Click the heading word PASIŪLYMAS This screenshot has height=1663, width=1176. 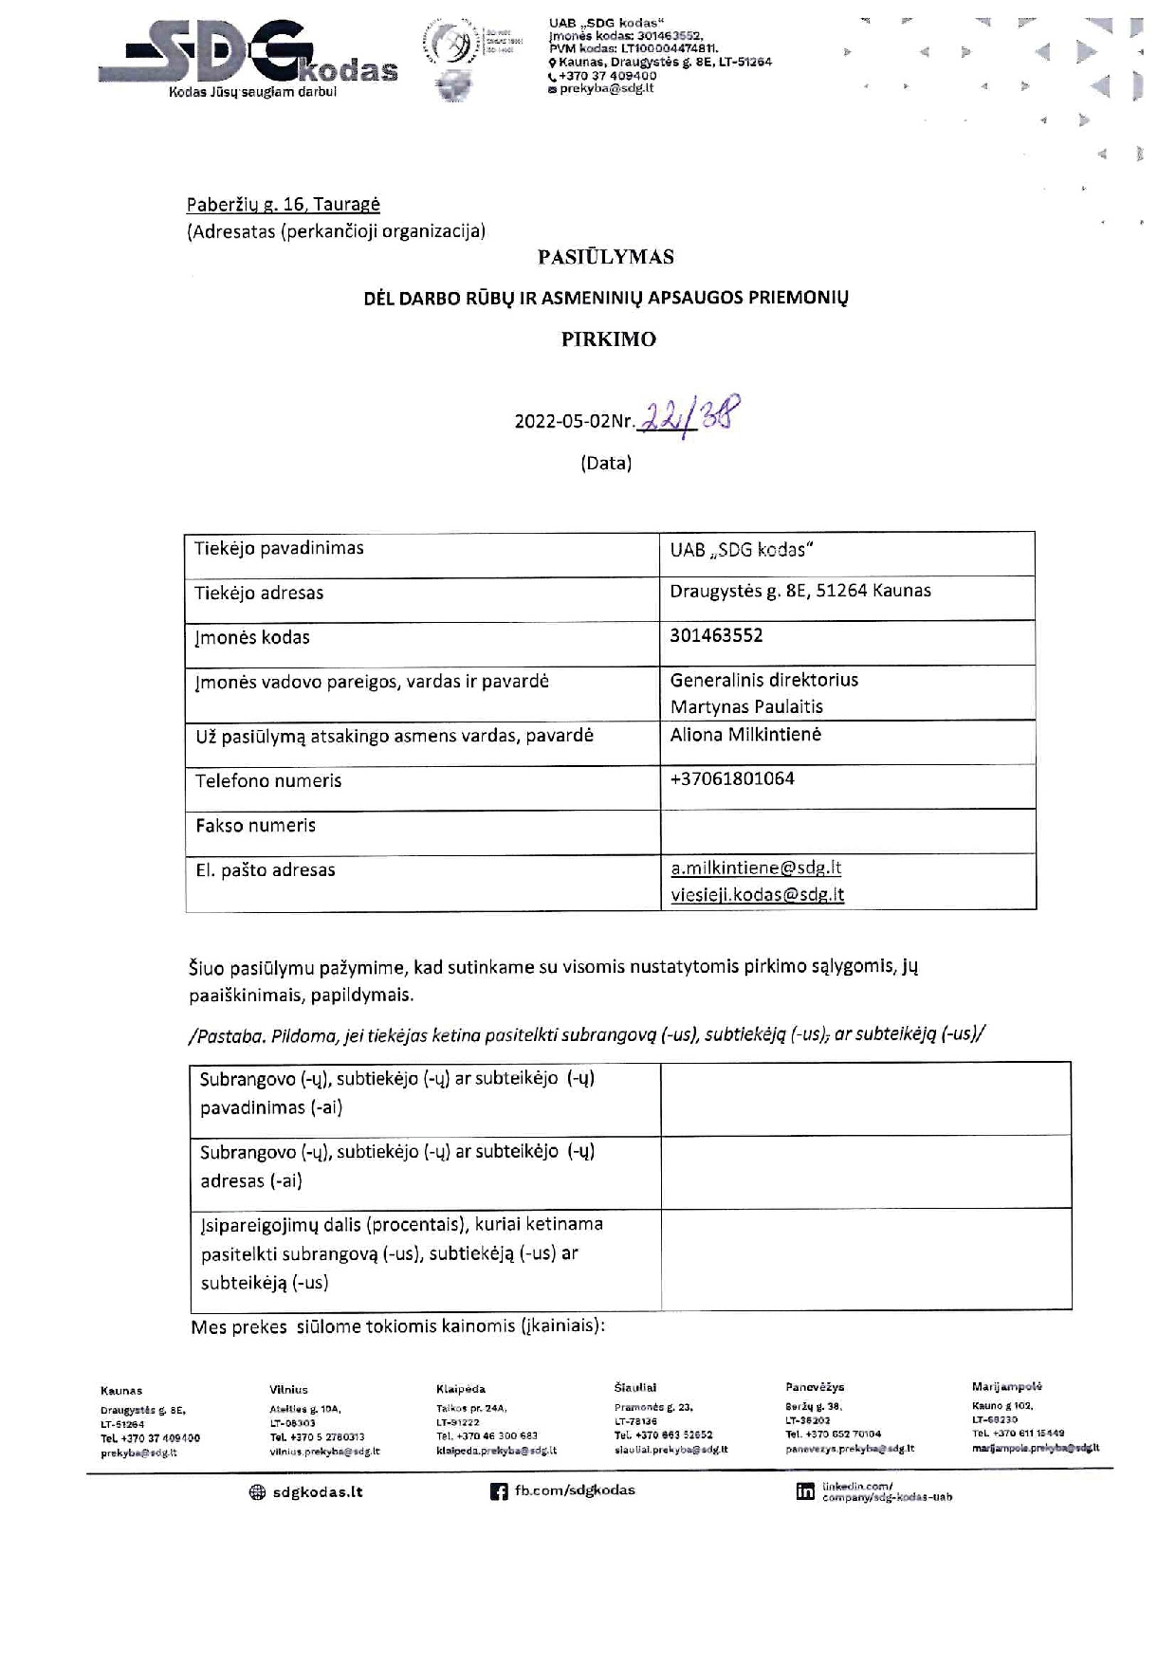click(606, 257)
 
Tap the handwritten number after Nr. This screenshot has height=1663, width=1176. click(689, 414)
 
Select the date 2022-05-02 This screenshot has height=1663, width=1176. click(561, 422)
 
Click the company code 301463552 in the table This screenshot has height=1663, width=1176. click(716, 635)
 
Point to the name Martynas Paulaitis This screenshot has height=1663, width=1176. click(746, 706)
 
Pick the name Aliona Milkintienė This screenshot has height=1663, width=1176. click(745, 734)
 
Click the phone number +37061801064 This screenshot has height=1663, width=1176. click(732, 778)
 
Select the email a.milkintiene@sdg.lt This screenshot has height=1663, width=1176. click(756, 868)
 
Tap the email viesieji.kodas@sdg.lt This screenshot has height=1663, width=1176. click(757, 894)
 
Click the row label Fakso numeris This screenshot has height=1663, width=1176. click(255, 825)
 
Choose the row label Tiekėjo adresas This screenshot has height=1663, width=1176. click(259, 593)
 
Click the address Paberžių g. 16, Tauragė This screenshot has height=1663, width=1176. click(283, 204)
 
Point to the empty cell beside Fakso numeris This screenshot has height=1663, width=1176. click(847, 831)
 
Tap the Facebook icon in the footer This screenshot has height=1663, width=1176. click(499, 1491)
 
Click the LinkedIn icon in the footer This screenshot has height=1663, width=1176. click(805, 1491)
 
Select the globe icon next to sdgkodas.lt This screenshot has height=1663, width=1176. click(257, 1491)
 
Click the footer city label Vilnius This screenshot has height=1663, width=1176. click(288, 1390)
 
